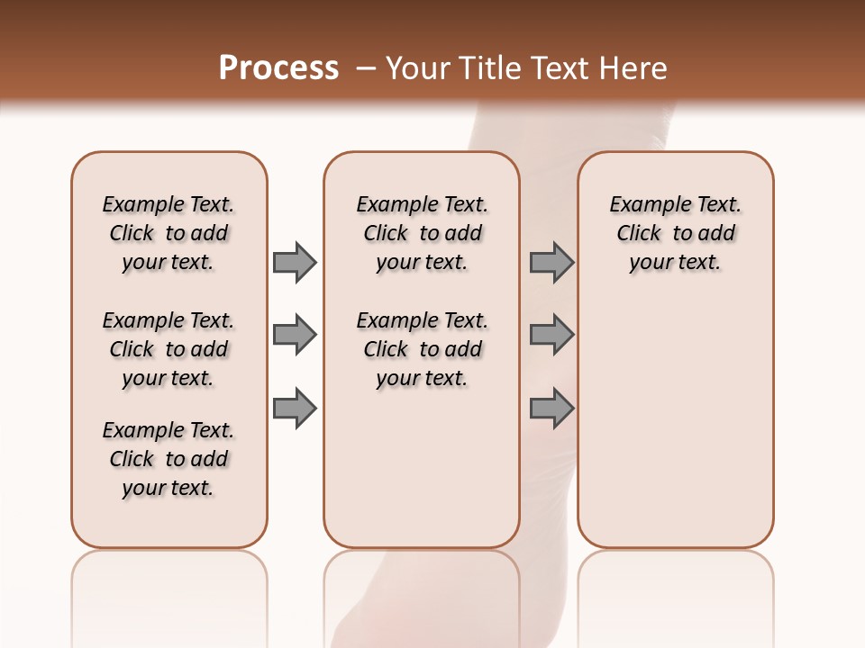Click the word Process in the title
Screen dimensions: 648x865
(278, 68)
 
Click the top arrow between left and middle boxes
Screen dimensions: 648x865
(295, 263)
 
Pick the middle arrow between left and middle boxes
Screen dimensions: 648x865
(295, 335)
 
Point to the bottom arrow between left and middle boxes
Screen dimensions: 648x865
(295, 408)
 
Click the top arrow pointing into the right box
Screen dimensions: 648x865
(551, 263)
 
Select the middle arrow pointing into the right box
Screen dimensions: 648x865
(551, 335)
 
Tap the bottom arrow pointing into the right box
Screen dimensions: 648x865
(551, 408)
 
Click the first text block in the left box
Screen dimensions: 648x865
(168, 233)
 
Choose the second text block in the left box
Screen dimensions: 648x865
(168, 349)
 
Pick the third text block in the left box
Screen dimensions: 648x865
(168, 459)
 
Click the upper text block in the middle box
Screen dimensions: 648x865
(422, 233)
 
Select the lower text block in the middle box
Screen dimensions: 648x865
(422, 349)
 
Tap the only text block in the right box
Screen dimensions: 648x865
(676, 233)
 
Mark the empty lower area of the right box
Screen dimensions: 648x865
(676, 414)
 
